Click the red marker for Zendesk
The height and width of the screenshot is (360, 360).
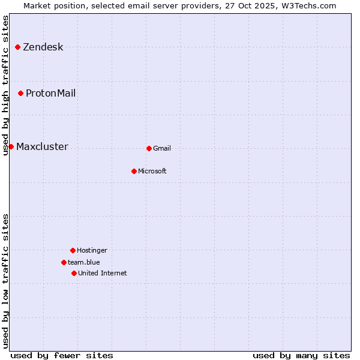pyautogui.click(x=18, y=47)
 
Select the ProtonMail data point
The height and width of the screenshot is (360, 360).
pyautogui.click(x=21, y=93)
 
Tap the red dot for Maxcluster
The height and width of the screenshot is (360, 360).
pyautogui.click(x=11, y=146)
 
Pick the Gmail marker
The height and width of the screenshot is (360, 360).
pyautogui.click(x=149, y=148)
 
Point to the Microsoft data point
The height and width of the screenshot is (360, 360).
pyautogui.click(x=134, y=171)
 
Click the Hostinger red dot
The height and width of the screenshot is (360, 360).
pyautogui.click(x=73, y=250)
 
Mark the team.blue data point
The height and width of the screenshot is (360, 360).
pyautogui.click(x=64, y=262)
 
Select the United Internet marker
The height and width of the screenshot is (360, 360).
pyautogui.click(x=74, y=273)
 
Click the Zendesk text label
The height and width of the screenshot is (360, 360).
pyautogui.click(x=43, y=47)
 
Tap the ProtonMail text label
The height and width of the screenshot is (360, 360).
pyautogui.click(x=50, y=94)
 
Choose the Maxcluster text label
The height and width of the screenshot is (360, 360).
pyautogui.click(x=42, y=147)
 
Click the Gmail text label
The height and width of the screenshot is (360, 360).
pyautogui.click(x=162, y=149)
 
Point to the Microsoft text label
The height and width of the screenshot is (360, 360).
pyautogui.click(x=152, y=172)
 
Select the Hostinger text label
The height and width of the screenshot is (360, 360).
pyautogui.click(x=92, y=251)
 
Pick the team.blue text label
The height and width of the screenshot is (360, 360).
pyautogui.click(x=84, y=263)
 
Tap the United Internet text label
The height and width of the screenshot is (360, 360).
pyautogui.click(x=103, y=274)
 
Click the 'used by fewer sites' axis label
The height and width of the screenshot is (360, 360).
pyautogui.click(x=62, y=355)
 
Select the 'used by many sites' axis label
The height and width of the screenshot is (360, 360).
pyautogui.click(x=301, y=355)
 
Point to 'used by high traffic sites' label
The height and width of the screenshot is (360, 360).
pyautogui.click(x=6, y=85)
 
